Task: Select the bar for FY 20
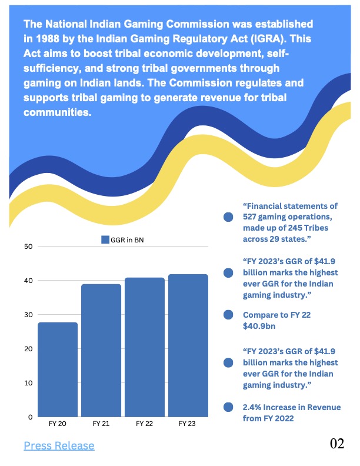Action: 58,369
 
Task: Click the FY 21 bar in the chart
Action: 101,350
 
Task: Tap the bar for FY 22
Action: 145,347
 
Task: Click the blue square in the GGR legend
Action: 105,239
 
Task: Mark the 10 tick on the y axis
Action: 28,382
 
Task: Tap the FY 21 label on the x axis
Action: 101,424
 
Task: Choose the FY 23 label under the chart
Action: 188,424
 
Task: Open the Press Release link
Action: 59,445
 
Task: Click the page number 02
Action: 337,444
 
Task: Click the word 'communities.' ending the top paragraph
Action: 58,112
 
